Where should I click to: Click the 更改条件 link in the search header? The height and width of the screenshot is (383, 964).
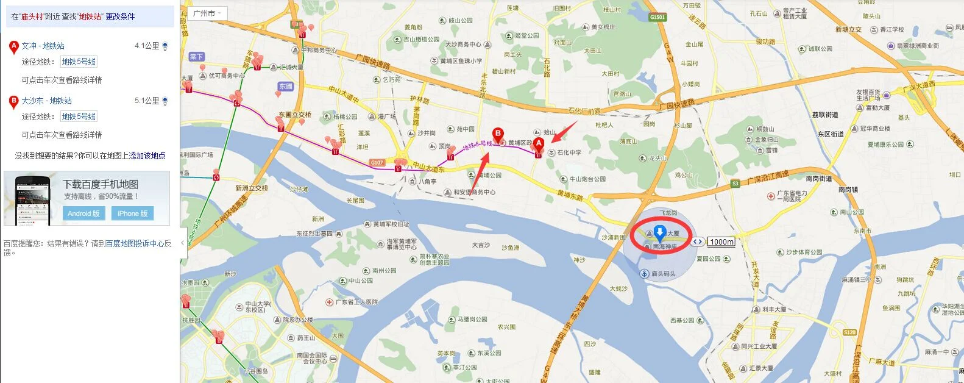point(120,16)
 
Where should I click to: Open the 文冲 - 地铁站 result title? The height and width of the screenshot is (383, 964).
point(43,46)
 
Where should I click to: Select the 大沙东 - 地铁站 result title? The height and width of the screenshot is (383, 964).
point(46,101)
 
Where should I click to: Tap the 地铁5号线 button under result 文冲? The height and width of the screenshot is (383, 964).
point(79,62)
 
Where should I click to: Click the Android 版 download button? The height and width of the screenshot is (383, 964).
point(83,213)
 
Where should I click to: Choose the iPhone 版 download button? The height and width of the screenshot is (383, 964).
point(132,213)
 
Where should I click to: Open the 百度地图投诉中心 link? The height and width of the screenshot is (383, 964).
point(135,243)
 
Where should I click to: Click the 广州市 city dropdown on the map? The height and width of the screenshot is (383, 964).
point(207,13)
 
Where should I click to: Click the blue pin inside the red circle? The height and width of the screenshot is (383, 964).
point(659,232)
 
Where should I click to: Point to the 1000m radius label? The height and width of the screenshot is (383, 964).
point(721,242)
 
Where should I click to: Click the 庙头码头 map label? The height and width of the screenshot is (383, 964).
point(664,274)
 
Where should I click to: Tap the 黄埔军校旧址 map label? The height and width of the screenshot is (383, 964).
point(391,224)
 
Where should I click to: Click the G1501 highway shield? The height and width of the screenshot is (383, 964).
point(657,17)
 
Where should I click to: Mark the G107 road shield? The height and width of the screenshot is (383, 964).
point(377,163)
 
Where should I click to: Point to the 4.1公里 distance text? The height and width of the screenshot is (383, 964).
point(147,46)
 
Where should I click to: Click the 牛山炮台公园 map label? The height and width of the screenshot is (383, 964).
point(587,179)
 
